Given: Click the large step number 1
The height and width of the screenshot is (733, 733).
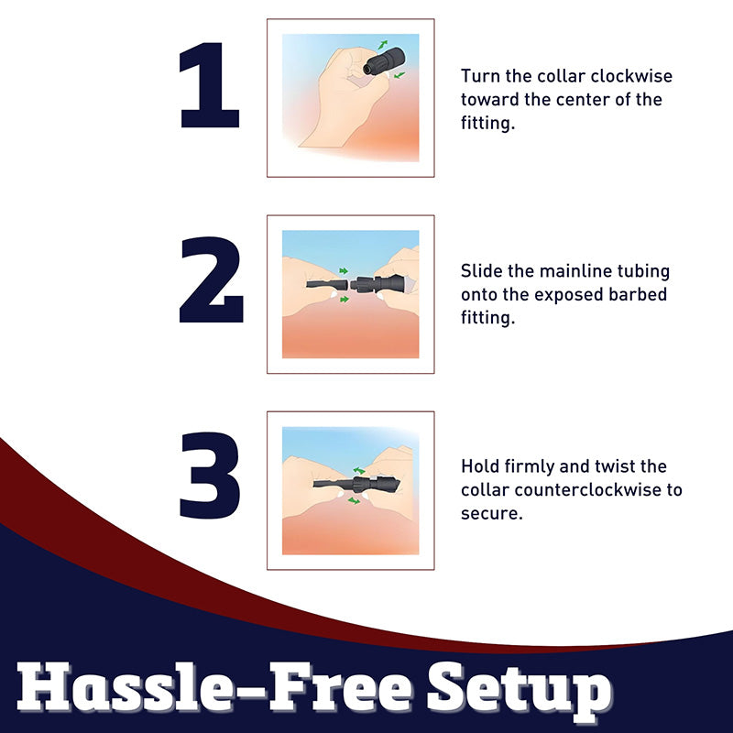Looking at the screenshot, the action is click(x=210, y=85).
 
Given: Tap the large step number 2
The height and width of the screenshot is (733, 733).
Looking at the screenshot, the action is click(x=212, y=280).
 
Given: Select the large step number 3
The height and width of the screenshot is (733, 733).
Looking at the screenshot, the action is click(x=210, y=476).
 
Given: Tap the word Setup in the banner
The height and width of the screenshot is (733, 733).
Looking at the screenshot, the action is click(x=520, y=692).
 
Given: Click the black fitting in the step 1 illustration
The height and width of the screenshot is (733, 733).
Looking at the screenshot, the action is click(x=384, y=61).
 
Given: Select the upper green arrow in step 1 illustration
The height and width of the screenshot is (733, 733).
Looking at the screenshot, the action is click(x=383, y=45).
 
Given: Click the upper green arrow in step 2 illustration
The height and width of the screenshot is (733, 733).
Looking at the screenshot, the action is click(x=344, y=271).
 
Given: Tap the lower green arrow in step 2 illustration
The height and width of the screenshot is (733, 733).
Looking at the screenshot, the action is click(x=345, y=300).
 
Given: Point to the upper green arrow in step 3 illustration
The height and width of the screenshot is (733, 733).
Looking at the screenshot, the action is click(x=359, y=470).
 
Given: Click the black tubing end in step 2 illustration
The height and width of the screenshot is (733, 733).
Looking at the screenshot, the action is click(x=327, y=284).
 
